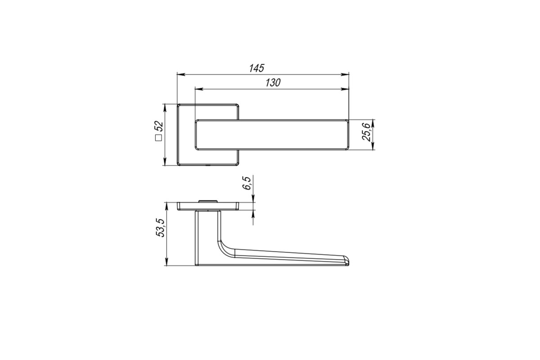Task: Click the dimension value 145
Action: click(257, 68)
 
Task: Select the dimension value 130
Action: click(273, 83)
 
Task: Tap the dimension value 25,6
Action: click(366, 132)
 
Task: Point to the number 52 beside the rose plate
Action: click(159, 126)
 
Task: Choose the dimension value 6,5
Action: click(247, 183)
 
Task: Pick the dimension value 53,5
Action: click(160, 228)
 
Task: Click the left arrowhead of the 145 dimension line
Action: click(181, 75)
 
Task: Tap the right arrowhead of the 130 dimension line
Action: click(345, 89)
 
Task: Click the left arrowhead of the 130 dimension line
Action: click(199, 89)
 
